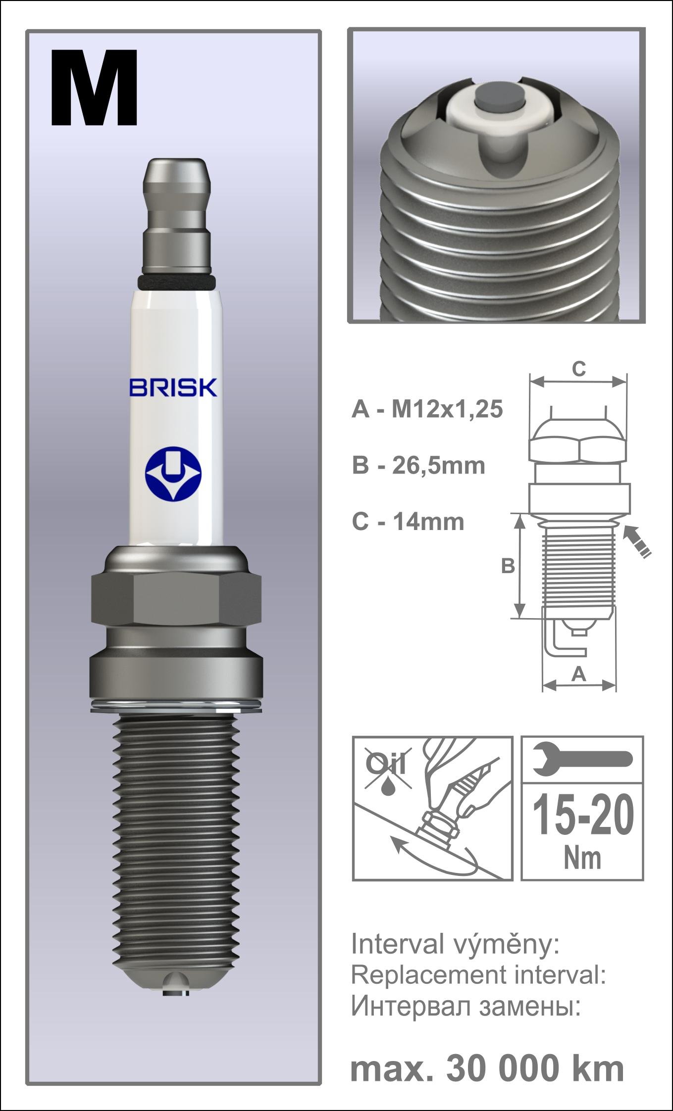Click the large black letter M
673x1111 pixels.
pyautogui.click(x=94, y=88)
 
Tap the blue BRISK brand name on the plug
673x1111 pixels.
pyautogui.click(x=173, y=387)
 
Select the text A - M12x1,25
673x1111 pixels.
pyautogui.click(x=427, y=410)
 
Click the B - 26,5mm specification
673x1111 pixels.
pyautogui.click(x=418, y=466)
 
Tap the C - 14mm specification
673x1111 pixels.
pyautogui.click(x=408, y=522)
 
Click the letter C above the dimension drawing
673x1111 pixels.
pyautogui.click(x=578, y=369)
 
